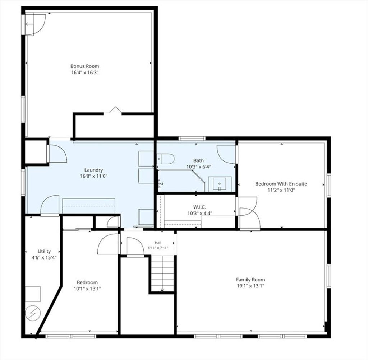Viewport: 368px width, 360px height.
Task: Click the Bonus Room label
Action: (x=85, y=66)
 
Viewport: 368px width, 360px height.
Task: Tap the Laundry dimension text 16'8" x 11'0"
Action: (x=94, y=176)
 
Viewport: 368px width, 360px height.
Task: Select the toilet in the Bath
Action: (x=166, y=159)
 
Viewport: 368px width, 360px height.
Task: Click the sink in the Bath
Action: (x=220, y=184)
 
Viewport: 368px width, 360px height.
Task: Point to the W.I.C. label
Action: (x=199, y=207)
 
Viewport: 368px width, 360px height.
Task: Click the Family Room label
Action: (x=250, y=280)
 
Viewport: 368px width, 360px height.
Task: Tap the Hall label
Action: (x=158, y=243)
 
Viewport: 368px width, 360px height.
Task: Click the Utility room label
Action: (x=44, y=251)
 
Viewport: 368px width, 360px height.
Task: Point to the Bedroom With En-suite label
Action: (x=281, y=184)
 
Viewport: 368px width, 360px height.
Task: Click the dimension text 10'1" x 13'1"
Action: (x=87, y=289)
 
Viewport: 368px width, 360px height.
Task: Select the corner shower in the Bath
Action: (x=181, y=181)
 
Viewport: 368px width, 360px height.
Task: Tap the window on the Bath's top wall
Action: (x=192, y=139)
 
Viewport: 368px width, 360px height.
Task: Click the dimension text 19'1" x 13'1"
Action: (x=250, y=286)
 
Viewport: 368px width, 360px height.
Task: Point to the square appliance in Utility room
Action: (x=33, y=294)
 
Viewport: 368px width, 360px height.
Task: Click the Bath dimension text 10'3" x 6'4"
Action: (x=198, y=167)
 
